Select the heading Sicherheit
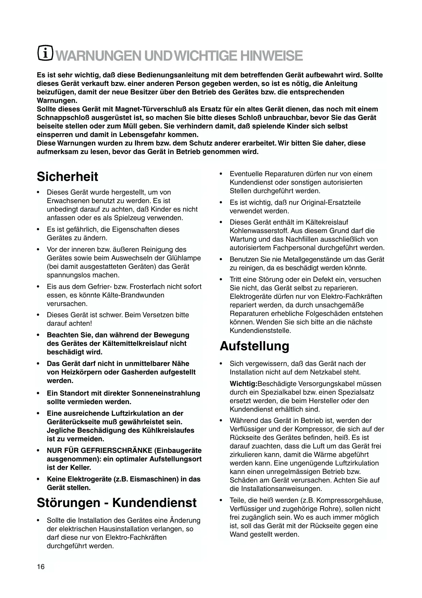(67, 177)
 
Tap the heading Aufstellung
(254, 346)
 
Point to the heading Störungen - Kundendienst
(116, 503)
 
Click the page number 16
(40, 567)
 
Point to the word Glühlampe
(185, 258)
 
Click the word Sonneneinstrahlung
(166, 393)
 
